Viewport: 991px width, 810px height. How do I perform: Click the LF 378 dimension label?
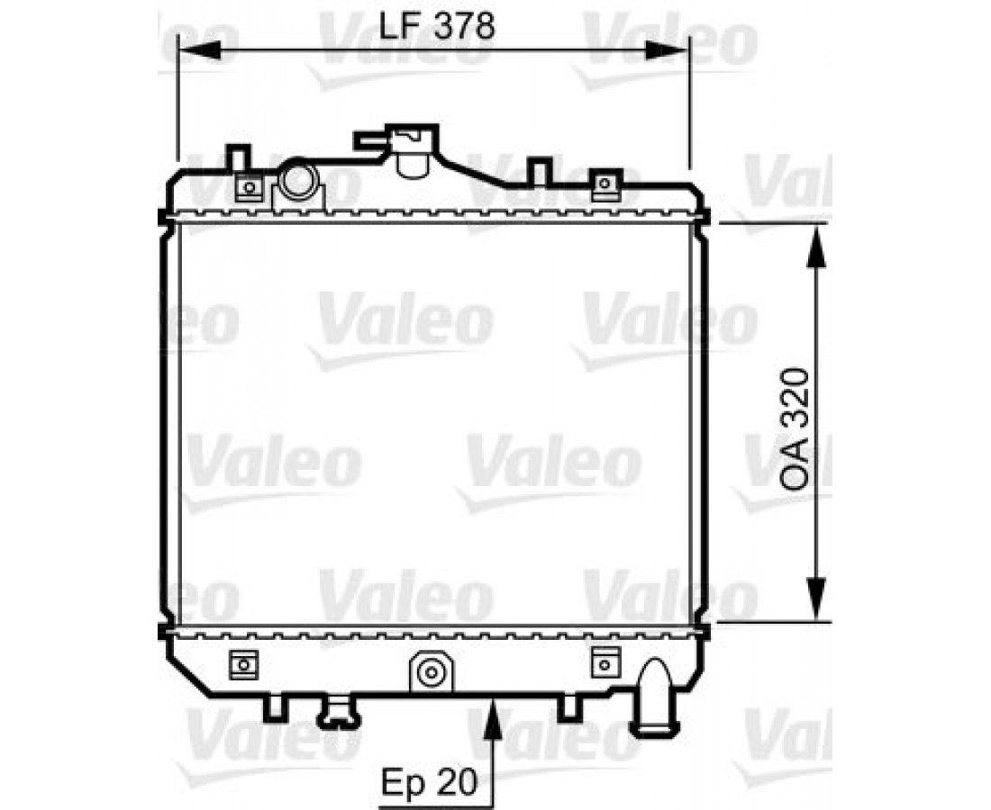pos(436,26)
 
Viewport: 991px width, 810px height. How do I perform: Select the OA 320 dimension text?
pos(794,429)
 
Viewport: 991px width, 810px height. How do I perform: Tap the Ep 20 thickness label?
pos(429,781)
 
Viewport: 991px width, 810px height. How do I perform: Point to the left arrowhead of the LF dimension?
pos(200,49)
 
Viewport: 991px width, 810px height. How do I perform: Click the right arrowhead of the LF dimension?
pos(668,49)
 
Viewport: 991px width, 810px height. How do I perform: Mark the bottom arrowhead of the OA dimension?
pos(817,599)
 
